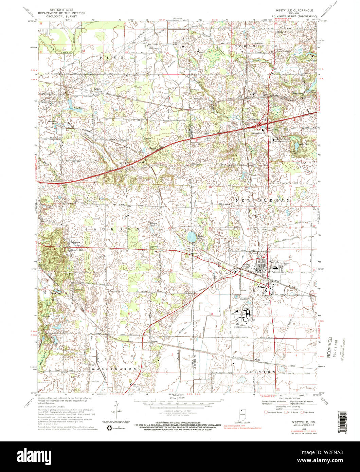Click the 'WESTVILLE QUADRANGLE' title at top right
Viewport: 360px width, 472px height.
pyautogui.click(x=291, y=10)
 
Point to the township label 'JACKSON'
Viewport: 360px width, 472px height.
pyautogui.click(x=112, y=230)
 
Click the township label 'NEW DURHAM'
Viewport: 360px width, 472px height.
pyautogui.click(x=264, y=201)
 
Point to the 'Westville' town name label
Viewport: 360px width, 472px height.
pyautogui.click(x=274, y=262)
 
